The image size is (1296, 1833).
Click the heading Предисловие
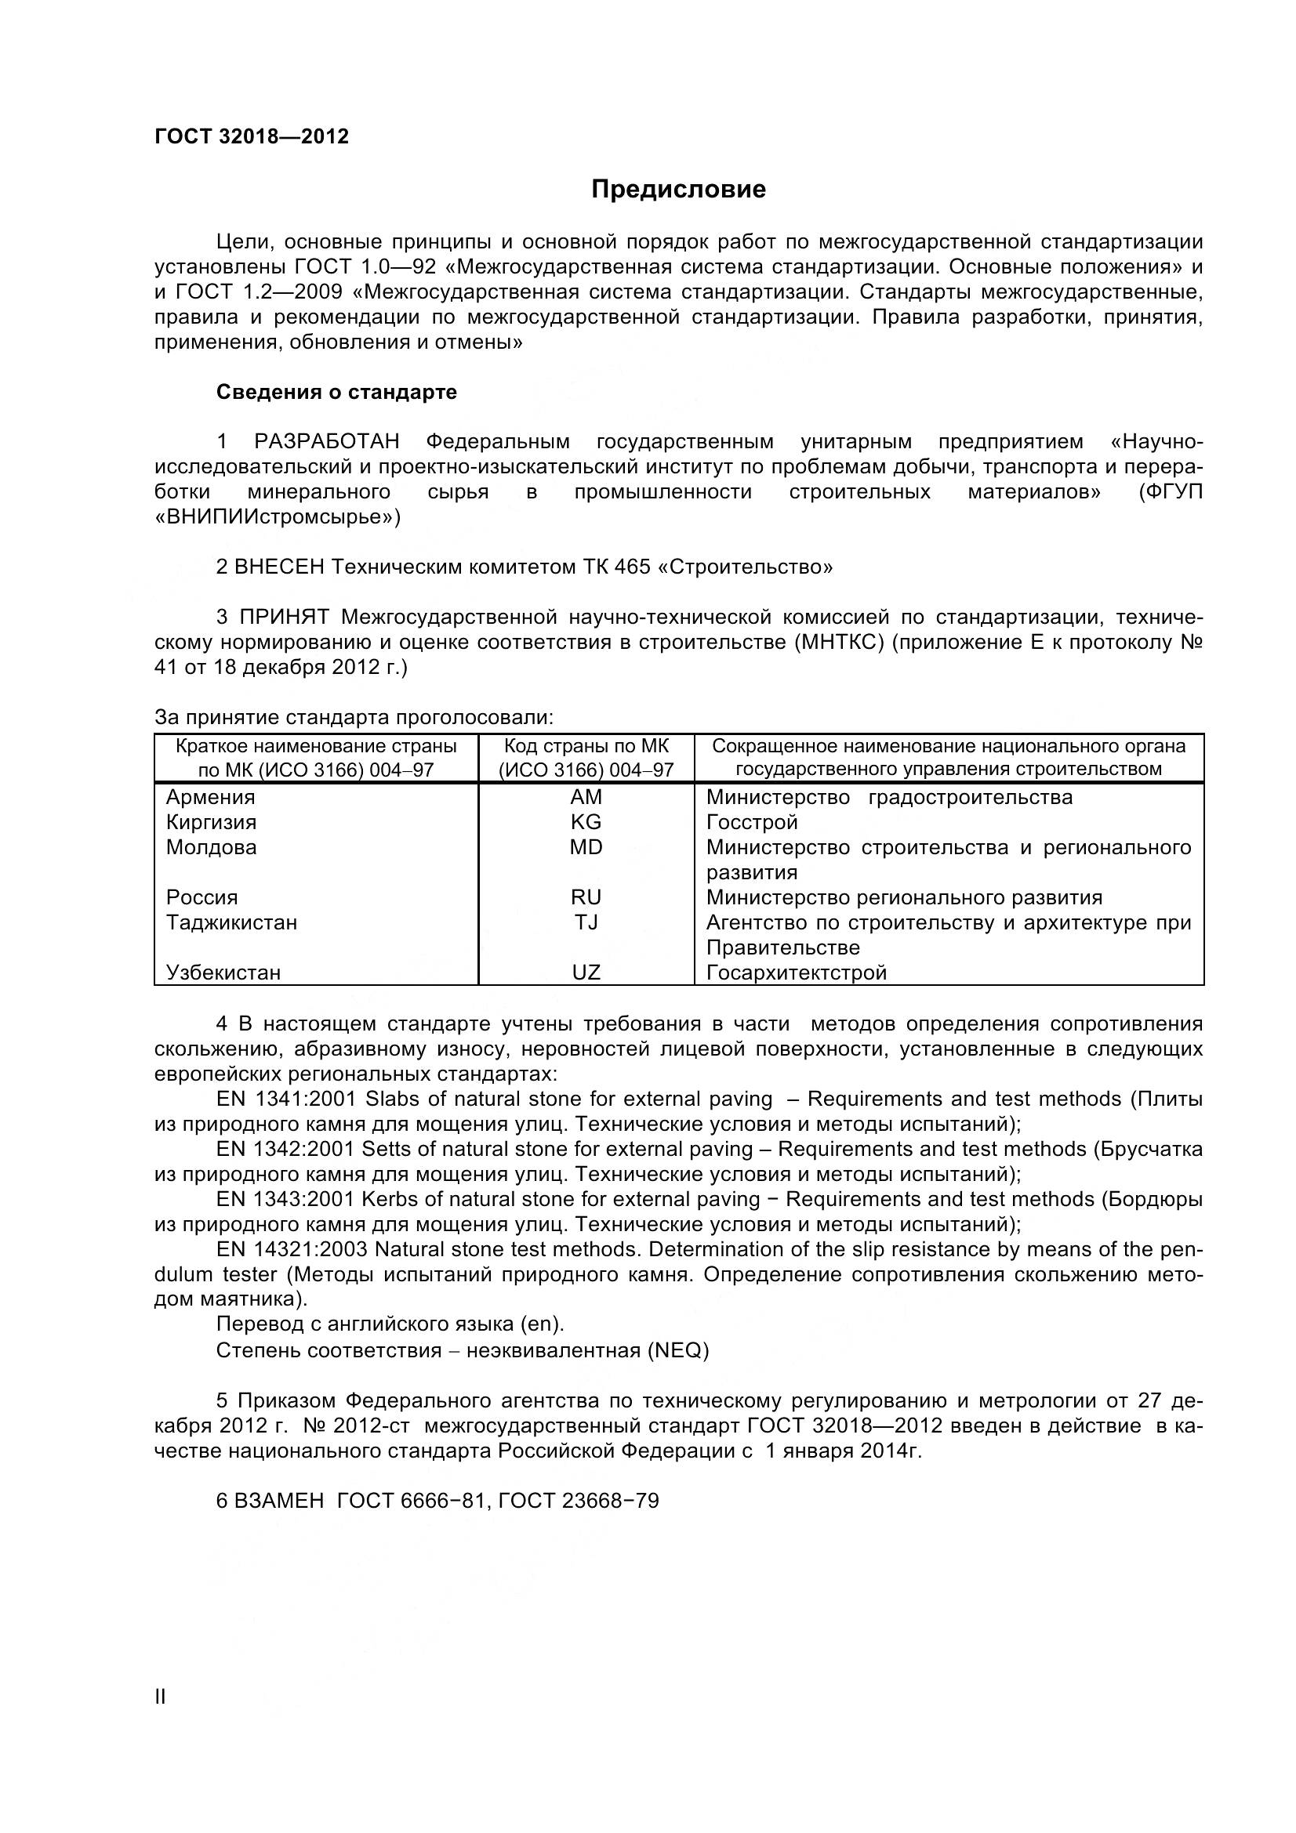point(678,189)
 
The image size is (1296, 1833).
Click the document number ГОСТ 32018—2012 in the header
point(252,136)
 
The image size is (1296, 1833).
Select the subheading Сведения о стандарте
point(336,392)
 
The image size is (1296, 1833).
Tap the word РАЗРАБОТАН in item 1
point(327,442)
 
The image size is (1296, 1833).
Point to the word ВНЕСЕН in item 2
point(279,567)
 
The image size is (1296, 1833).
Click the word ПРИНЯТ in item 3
point(285,617)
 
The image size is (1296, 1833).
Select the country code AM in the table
point(586,797)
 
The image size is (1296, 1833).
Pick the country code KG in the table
point(586,822)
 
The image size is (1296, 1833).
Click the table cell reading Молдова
point(212,847)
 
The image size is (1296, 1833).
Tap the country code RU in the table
point(586,897)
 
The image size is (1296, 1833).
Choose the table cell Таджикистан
point(231,923)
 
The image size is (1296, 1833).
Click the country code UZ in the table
point(586,973)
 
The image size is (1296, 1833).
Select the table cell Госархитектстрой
point(796,973)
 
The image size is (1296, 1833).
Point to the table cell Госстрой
point(751,822)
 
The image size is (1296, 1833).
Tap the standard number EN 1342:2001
point(285,1149)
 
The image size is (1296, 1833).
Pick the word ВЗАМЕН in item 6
point(279,1501)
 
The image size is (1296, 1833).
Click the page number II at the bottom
point(160,1697)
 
